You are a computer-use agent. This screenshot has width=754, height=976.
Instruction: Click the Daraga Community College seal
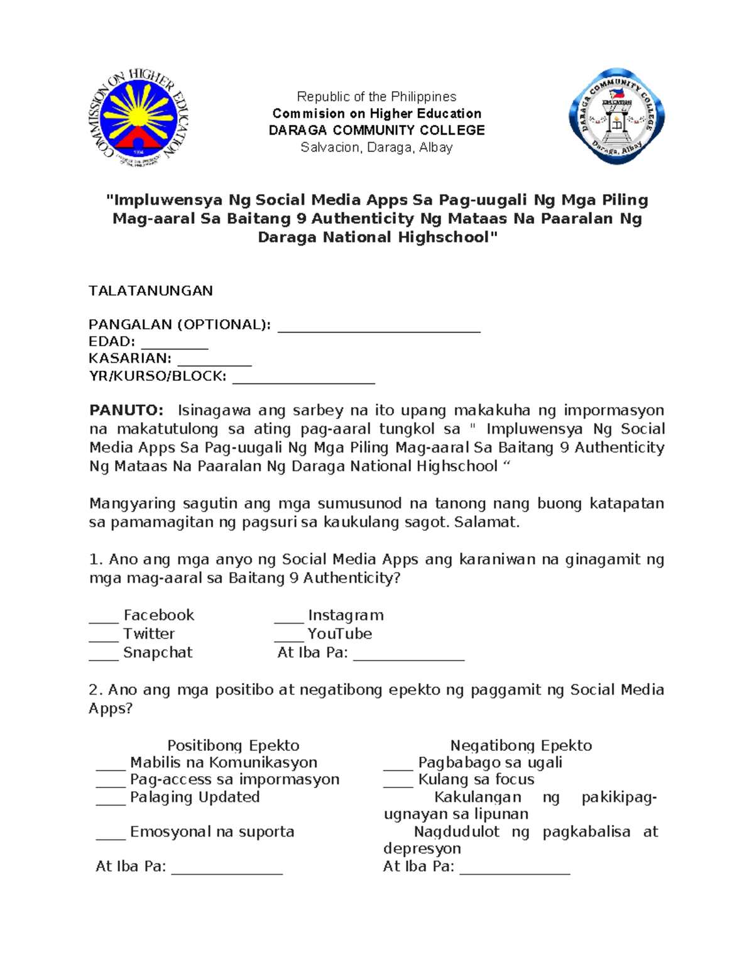(616, 117)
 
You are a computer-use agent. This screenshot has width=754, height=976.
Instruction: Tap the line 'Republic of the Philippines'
(376, 97)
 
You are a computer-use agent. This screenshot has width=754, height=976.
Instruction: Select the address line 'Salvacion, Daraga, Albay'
(376, 148)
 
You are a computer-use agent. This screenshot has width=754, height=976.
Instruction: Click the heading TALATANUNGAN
(151, 290)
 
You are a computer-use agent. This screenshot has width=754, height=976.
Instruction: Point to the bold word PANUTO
(126, 410)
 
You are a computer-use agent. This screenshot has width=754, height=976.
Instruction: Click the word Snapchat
(158, 652)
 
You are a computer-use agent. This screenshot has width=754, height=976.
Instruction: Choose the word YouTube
(339, 633)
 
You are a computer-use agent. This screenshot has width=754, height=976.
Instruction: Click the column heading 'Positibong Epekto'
(233, 745)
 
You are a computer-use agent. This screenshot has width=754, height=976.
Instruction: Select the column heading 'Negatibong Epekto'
(521, 745)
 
